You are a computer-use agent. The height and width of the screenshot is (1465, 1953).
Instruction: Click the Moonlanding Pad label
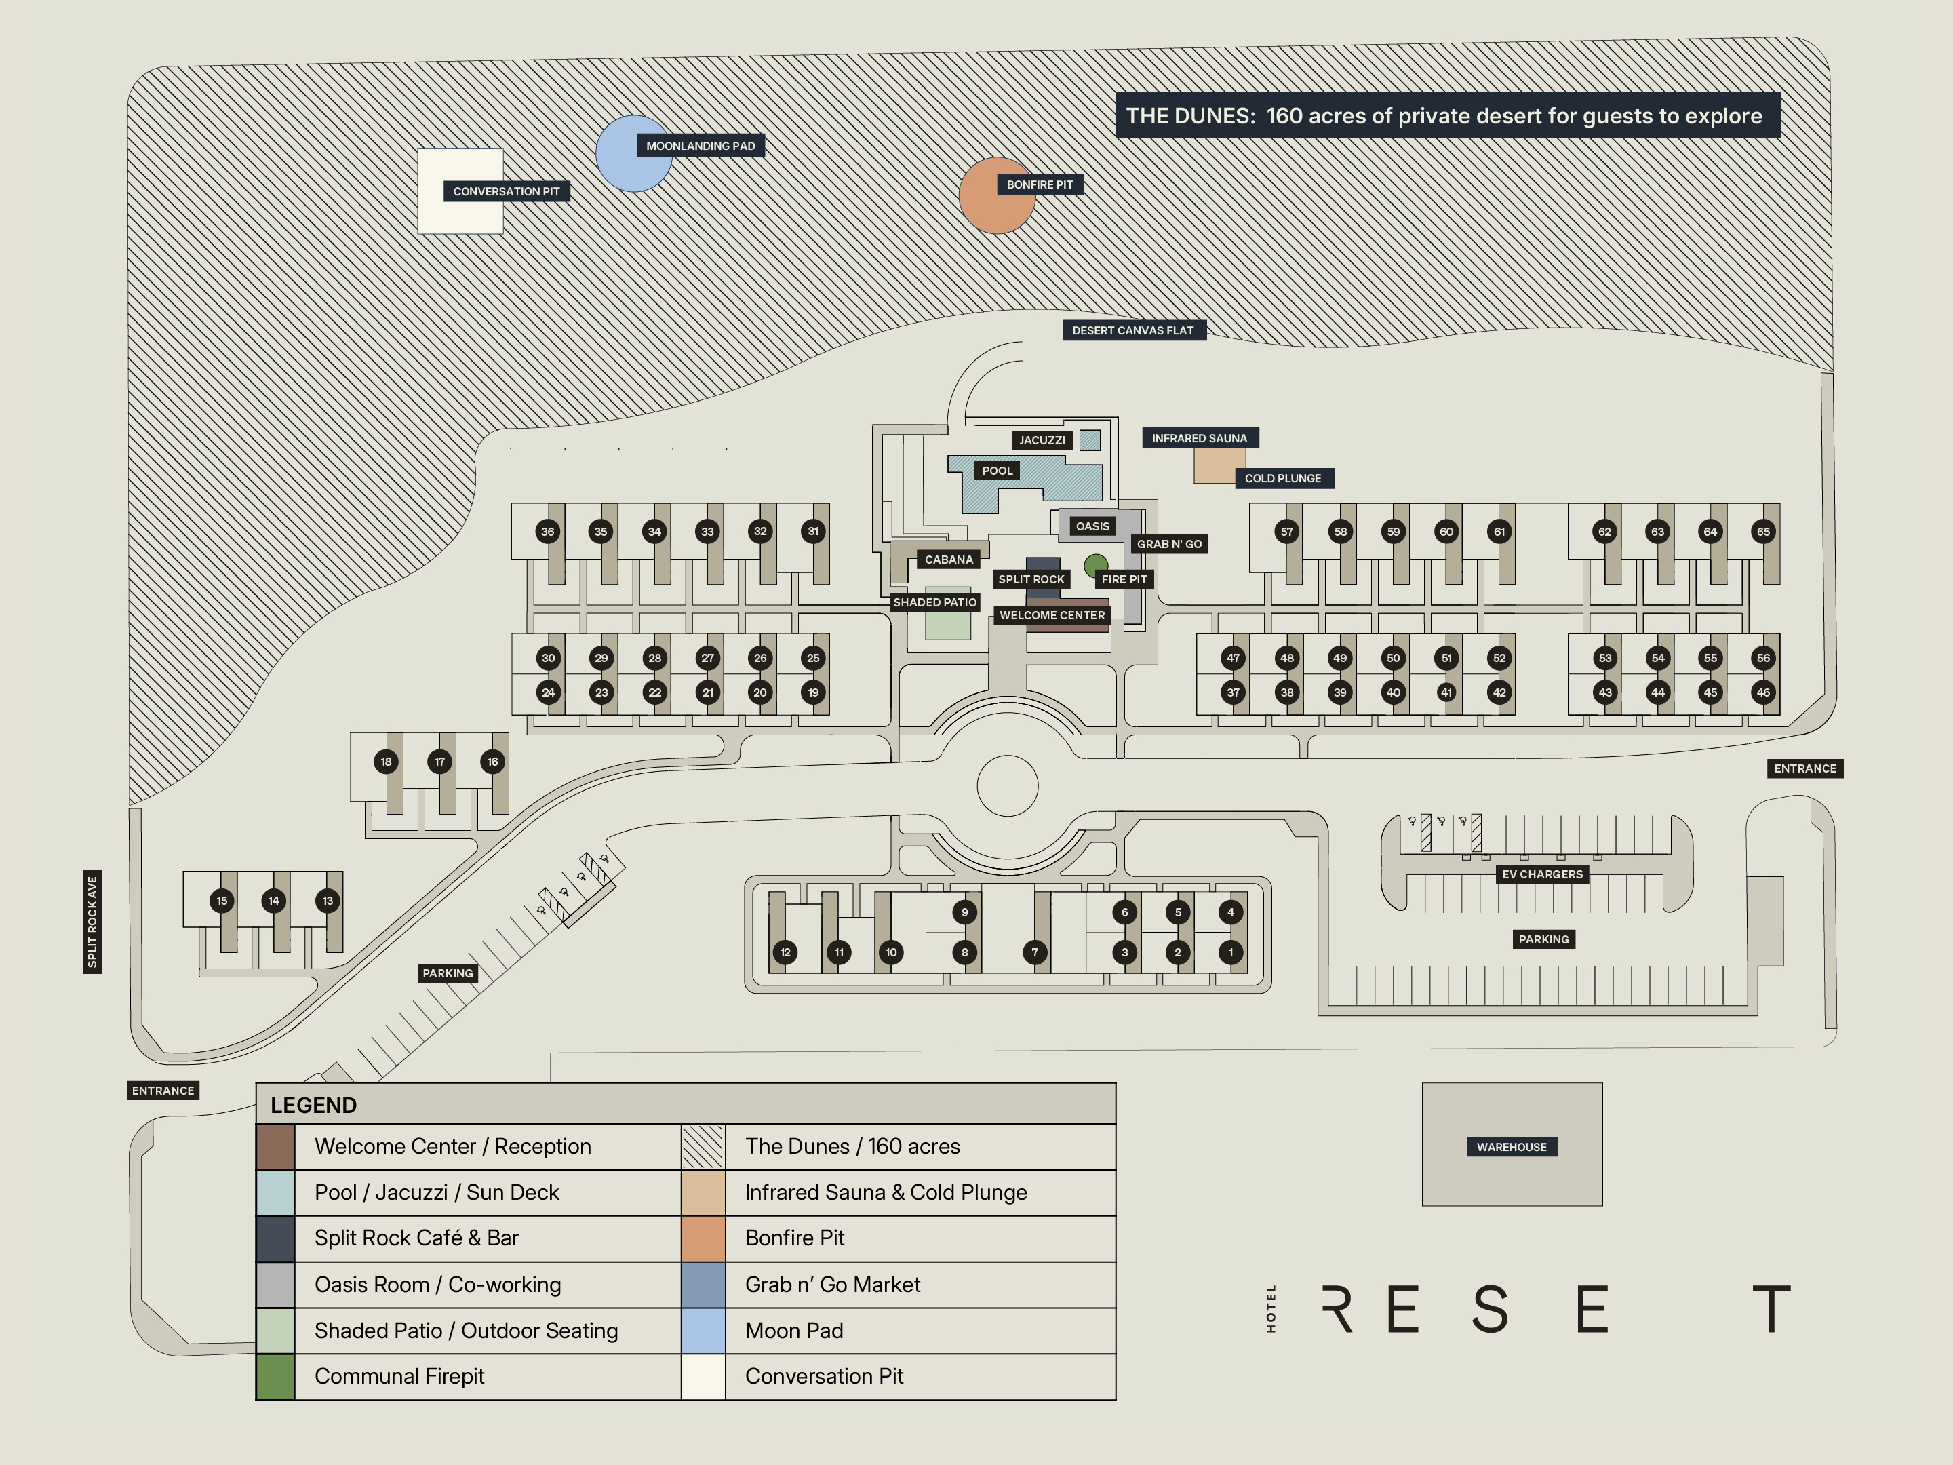700,146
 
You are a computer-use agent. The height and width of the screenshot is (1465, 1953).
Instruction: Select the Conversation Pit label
506,192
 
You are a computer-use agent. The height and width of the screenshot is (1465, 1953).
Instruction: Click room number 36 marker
547,532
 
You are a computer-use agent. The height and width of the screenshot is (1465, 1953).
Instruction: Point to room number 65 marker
1762,532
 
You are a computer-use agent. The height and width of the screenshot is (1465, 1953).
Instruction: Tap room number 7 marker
1035,952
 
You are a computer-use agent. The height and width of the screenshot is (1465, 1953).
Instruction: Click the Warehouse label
1511,1147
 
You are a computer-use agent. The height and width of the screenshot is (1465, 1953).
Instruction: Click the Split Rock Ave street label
92,922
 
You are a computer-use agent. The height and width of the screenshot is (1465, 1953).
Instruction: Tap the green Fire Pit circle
1096,564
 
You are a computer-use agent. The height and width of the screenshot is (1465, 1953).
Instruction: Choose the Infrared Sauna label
1199,438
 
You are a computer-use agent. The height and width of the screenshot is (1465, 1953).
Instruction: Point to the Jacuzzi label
1042,439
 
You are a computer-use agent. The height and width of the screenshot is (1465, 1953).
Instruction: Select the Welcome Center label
1052,615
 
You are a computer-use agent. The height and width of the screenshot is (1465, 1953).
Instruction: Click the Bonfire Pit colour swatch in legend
703,1238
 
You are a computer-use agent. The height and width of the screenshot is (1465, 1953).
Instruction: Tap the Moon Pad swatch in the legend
703,1331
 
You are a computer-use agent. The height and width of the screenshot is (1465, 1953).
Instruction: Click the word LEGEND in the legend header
313,1106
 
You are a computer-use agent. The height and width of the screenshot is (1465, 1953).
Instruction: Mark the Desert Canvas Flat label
1132,330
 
